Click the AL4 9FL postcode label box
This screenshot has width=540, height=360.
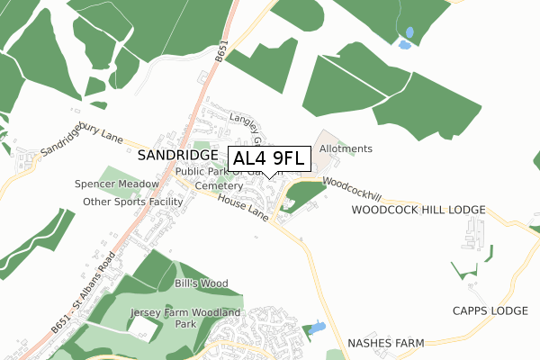click(x=271, y=159)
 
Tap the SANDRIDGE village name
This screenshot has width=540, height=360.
click(x=179, y=156)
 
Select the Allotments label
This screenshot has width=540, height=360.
click(x=346, y=148)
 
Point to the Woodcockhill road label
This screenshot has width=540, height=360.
click(x=352, y=188)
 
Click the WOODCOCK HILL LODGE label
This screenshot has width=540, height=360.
click(x=418, y=210)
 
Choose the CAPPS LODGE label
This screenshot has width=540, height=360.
click(x=490, y=310)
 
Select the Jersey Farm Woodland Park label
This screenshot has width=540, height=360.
click(x=185, y=318)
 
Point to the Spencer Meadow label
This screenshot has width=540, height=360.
click(x=117, y=184)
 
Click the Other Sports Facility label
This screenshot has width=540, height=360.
click(x=132, y=202)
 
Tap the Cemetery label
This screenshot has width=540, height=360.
click(x=219, y=185)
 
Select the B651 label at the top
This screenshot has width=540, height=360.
click(x=220, y=54)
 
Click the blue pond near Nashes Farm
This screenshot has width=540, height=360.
click(x=316, y=329)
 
